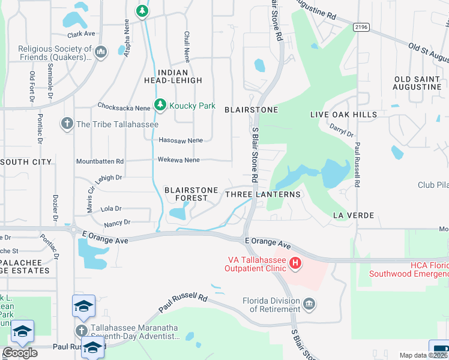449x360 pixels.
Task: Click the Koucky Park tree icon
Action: [x=160, y=105]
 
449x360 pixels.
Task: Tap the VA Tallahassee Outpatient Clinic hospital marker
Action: [x=295, y=262]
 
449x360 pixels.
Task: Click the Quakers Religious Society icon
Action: [x=101, y=52]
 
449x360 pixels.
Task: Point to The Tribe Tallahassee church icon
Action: [x=66, y=124]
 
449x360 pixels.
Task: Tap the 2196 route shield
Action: [x=361, y=26]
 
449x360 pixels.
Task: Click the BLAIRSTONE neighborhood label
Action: [x=251, y=110]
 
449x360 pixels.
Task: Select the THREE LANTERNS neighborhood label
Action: [x=262, y=194]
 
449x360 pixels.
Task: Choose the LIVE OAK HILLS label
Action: [x=343, y=114]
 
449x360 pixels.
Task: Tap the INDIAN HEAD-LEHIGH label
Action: [x=170, y=75]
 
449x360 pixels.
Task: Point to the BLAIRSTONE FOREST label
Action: [x=191, y=194]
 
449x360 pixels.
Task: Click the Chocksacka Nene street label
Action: [x=124, y=105]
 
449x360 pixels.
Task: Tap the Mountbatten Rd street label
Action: [x=100, y=161]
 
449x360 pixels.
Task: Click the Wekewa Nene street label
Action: [x=178, y=160]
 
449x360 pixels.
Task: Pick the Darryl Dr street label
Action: [x=342, y=128]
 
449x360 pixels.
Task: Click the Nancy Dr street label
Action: [x=117, y=223]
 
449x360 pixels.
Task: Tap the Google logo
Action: [x=20, y=352]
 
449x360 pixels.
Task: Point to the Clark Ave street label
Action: [x=82, y=34]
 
